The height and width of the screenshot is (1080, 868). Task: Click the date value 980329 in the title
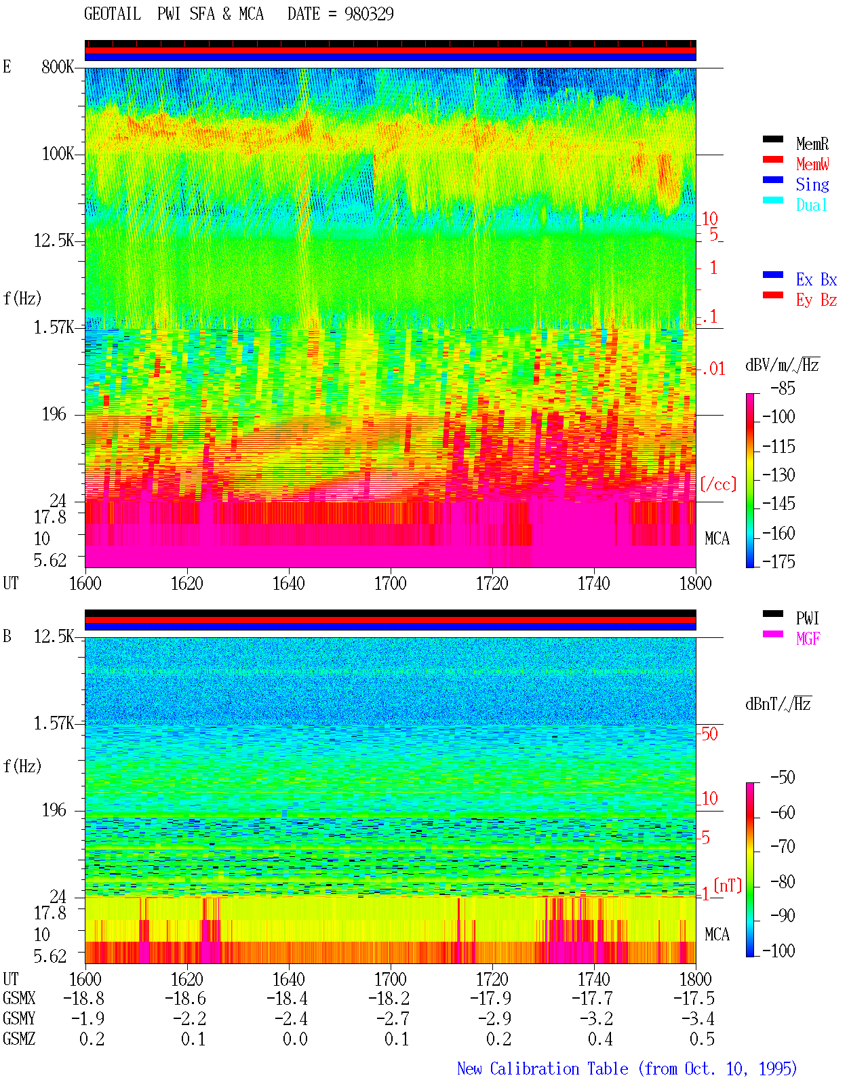368,14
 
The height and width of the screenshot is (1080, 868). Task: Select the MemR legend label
812,144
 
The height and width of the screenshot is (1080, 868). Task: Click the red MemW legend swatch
772,159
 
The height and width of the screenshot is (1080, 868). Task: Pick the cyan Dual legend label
811,205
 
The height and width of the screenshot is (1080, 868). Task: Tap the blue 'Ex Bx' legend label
816,279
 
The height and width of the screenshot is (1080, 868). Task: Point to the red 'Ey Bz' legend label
816,300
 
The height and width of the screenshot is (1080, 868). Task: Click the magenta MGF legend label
808,639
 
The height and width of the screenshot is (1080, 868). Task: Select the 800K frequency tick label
58,66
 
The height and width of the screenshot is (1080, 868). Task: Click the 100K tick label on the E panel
58,154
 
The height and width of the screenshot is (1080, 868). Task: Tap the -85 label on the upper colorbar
783,388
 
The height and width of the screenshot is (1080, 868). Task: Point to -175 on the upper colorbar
778,561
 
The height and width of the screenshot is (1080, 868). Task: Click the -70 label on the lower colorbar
783,847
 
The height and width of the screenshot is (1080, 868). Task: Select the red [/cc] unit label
718,484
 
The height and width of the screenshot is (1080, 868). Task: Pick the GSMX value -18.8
84,998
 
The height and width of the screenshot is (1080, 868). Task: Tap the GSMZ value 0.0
295,1039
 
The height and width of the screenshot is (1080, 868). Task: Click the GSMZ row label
19,1039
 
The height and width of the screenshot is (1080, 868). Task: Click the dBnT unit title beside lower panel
778,704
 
